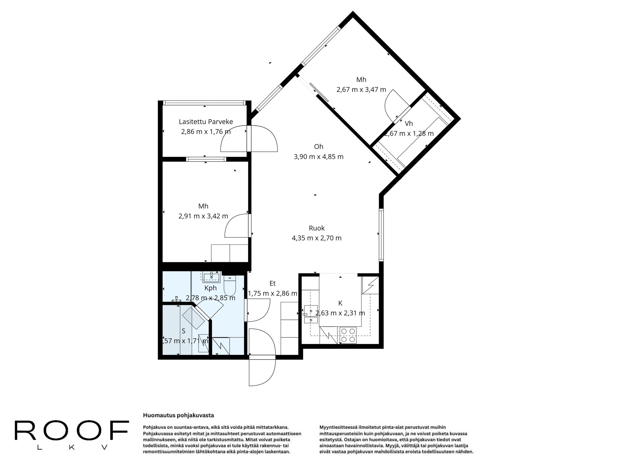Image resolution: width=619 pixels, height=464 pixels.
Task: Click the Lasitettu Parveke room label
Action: click(206, 122)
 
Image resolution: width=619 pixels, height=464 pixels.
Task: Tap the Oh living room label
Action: click(319, 147)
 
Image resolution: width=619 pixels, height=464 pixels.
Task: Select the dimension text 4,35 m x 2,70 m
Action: click(316, 238)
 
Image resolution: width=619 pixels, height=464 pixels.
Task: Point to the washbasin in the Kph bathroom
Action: click(212, 277)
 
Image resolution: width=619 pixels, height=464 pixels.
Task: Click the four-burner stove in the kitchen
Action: click(348, 335)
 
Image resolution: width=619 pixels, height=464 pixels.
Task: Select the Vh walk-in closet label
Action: click(409, 124)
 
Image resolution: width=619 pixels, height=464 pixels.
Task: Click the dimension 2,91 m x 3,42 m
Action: click(203, 216)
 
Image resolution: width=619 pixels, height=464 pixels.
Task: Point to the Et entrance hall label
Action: click(272, 283)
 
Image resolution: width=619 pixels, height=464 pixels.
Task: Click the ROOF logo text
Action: click(72, 431)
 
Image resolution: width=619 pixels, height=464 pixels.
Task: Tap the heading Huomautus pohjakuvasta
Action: click(178, 415)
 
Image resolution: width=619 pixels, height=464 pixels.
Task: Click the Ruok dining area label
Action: click(316, 228)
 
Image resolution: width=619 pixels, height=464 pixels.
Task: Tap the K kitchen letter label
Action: click(340, 303)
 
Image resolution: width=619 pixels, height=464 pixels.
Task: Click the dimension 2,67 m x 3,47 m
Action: click(361, 90)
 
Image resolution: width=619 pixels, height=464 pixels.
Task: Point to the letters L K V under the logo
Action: click(72, 448)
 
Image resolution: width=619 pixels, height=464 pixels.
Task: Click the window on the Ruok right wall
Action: click(381, 235)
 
